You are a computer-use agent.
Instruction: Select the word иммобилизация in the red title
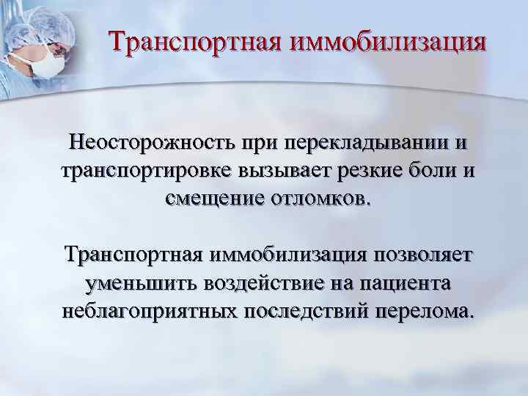coord(389,41)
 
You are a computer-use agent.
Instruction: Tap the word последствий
coord(305,312)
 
